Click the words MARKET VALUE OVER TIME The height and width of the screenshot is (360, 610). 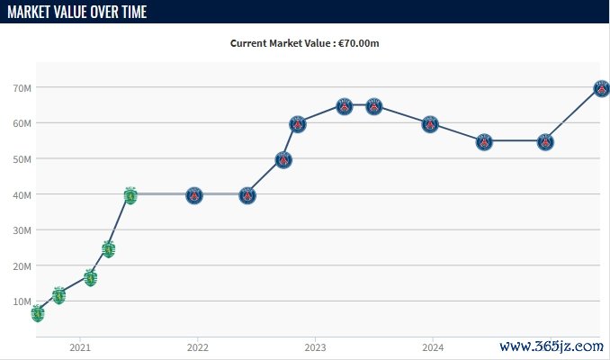click(77, 12)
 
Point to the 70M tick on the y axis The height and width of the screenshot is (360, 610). click(22, 88)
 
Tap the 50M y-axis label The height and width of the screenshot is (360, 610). click(22, 159)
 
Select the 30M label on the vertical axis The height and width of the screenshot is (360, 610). click(22, 230)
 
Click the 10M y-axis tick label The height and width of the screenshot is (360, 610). click(22, 301)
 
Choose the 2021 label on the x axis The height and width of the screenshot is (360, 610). click(80, 347)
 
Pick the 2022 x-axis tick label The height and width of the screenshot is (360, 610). click(198, 347)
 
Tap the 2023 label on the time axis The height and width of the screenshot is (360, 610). click(315, 347)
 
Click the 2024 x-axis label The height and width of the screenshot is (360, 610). click(433, 347)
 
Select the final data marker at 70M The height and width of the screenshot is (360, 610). click(601, 88)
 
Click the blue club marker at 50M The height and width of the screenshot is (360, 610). click(283, 160)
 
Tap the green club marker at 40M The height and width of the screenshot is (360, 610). click(130, 194)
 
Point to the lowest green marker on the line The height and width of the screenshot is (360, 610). click(37, 313)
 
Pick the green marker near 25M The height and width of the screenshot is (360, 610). click(109, 248)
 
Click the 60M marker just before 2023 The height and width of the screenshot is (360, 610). click(298, 124)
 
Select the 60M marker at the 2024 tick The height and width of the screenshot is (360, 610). click(430, 124)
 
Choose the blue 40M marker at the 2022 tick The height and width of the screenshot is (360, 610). click(194, 195)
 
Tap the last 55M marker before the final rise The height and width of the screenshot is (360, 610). click(545, 141)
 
